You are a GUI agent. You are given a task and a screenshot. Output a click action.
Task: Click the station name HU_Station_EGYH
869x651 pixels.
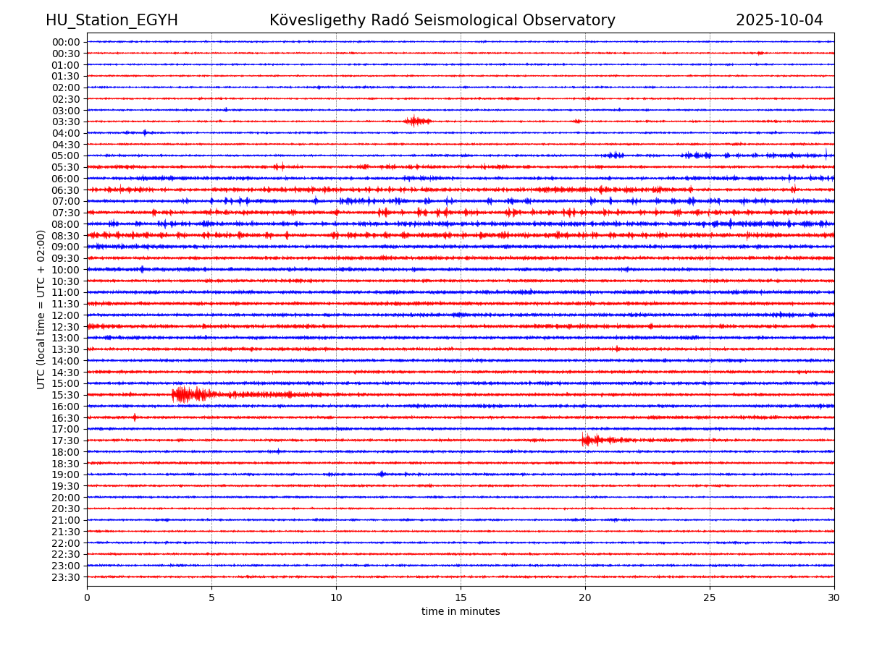tap(112, 21)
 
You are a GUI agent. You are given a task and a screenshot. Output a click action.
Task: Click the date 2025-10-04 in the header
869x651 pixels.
tap(779, 21)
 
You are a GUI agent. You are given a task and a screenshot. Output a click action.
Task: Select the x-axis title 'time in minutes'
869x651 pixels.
tap(461, 612)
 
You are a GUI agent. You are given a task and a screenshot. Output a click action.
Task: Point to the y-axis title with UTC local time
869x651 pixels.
tap(41, 310)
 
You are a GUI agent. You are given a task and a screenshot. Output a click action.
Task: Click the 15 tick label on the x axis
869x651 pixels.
tap(461, 598)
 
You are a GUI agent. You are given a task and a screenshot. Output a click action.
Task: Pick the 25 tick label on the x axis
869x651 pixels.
tap(710, 598)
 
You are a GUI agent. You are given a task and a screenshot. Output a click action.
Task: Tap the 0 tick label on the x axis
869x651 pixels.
tap(87, 598)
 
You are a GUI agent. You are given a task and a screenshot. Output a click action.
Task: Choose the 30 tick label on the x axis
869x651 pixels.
tap(834, 598)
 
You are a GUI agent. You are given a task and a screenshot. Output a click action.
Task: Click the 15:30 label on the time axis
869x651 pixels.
tap(66, 395)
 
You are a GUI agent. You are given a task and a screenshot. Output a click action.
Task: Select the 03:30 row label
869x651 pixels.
tap(66, 122)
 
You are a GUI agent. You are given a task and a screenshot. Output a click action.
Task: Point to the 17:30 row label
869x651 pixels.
tap(66, 441)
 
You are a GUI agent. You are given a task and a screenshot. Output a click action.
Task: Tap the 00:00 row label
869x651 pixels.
tap(66, 42)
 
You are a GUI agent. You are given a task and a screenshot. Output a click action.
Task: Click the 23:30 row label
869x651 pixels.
tap(66, 577)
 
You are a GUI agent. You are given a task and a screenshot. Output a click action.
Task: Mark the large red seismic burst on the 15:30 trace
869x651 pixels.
tap(185, 394)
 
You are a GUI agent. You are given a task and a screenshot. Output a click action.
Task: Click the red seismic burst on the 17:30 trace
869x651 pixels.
tap(590, 440)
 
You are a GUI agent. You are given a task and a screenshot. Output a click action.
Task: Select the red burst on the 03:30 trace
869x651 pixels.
tap(416, 121)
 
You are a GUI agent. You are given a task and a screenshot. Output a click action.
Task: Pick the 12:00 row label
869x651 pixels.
tap(66, 315)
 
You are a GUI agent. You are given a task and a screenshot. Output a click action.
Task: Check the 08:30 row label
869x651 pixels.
tap(66, 236)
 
